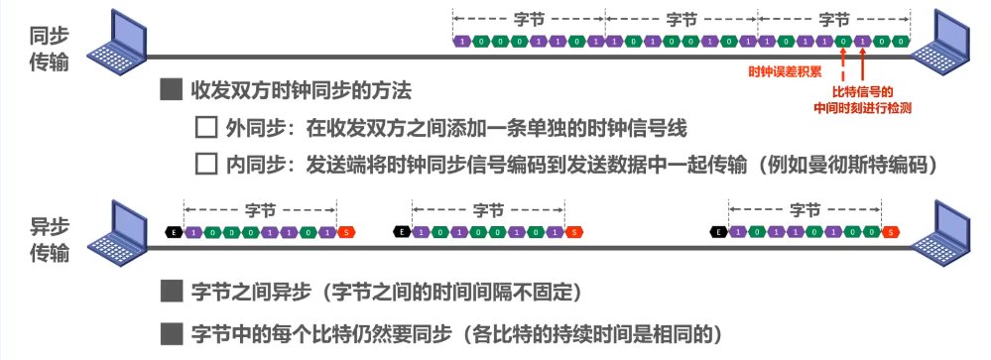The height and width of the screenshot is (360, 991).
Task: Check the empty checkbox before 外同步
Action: click(x=206, y=128)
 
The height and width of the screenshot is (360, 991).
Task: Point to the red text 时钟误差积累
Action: click(x=784, y=71)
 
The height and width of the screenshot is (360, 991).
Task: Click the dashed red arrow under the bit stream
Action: click(x=842, y=63)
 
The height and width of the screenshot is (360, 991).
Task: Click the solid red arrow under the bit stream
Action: click(x=863, y=63)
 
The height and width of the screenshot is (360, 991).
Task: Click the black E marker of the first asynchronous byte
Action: click(x=173, y=233)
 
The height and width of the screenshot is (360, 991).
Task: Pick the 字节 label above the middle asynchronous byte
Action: click(x=488, y=210)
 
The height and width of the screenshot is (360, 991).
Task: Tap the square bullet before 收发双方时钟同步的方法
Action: click(x=172, y=91)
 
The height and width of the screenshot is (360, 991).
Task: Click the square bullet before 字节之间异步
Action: click(x=172, y=293)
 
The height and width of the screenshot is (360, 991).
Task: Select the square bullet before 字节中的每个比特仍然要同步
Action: click(x=172, y=331)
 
